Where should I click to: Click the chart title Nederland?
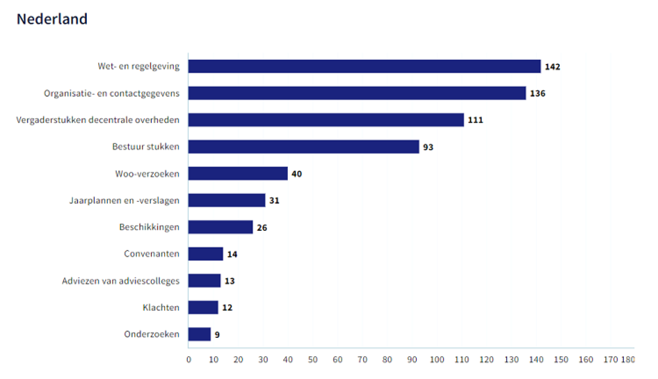click(x=52, y=20)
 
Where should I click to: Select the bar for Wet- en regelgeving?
click(x=364, y=66)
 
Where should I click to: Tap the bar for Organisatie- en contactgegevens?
click(x=357, y=93)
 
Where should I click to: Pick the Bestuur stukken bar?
click(x=303, y=147)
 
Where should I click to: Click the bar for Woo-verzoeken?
click(x=238, y=174)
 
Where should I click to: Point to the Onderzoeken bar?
click(x=199, y=334)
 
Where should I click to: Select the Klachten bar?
click(x=203, y=308)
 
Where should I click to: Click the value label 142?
click(x=552, y=67)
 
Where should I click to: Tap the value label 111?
click(x=475, y=120)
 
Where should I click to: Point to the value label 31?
click(x=274, y=200)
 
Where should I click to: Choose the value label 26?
click(x=262, y=227)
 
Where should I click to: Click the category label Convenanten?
click(x=152, y=254)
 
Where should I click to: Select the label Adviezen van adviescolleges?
click(x=121, y=281)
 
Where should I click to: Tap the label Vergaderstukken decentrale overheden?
click(x=98, y=120)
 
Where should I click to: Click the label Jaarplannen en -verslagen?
click(x=124, y=200)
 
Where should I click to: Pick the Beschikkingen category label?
click(x=149, y=227)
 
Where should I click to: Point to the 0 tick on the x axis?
click(x=189, y=360)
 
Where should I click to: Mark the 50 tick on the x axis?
click(x=313, y=360)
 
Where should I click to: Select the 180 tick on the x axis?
click(x=628, y=360)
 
